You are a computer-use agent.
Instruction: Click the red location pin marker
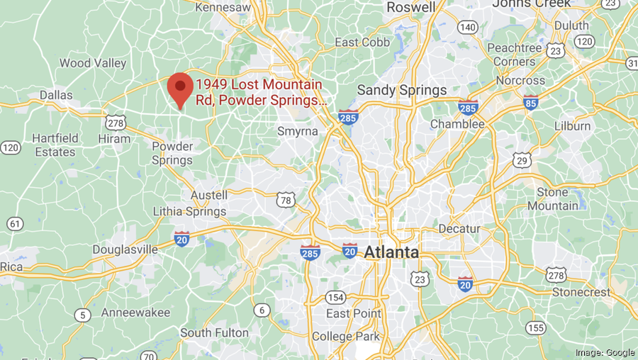[x=180, y=89]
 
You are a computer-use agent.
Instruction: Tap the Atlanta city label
[x=391, y=252]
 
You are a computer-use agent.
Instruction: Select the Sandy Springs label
[x=402, y=90]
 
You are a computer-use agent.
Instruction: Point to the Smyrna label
[x=296, y=131]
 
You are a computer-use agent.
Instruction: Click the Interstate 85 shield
[x=530, y=102]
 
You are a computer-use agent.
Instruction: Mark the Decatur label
[x=459, y=229]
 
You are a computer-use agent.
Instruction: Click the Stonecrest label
[x=580, y=291]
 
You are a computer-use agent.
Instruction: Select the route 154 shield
[x=336, y=297]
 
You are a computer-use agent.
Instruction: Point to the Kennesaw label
[x=223, y=7]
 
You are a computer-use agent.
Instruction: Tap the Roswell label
[x=411, y=7]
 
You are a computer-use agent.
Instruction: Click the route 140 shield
[x=466, y=27]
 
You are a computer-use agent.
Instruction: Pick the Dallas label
[x=56, y=95]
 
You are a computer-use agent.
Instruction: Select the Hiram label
[x=114, y=139]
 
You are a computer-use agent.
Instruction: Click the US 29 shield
[x=523, y=160]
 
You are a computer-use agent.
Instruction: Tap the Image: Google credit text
[x=605, y=352]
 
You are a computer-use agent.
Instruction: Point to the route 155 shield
[x=535, y=327]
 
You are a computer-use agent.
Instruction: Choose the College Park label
[x=345, y=336]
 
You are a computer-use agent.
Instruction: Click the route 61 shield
[x=14, y=224]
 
